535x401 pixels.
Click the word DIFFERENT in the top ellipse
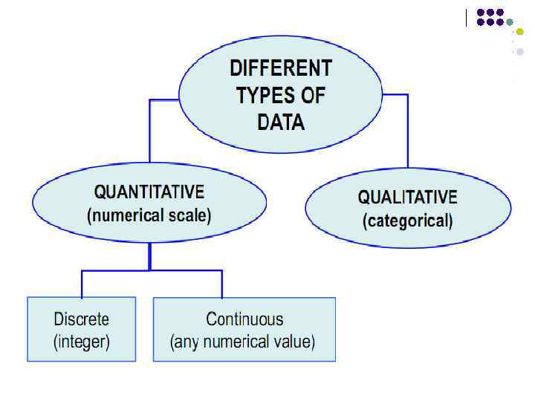coord(281,69)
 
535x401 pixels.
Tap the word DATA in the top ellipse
coord(281,122)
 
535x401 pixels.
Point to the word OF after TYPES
coord(313,96)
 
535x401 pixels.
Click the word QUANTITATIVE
coord(149,192)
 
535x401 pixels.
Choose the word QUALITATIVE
coord(408,198)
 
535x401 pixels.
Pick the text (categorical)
coord(407,221)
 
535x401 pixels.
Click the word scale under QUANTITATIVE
coord(189,216)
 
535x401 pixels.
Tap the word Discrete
coord(82,319)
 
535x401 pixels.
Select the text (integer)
coord(82,342)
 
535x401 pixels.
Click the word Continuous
coord(244,319)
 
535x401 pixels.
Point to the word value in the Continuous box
coord(294,342)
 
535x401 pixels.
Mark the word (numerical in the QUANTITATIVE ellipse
coord(122,216)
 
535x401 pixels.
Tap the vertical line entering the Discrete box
coord(82,284)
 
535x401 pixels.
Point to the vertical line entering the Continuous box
coord(221,284)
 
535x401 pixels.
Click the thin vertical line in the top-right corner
coord(468,17)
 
